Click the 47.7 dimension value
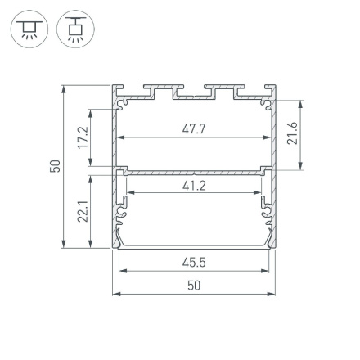coord(193,128)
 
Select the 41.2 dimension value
coord(193,186)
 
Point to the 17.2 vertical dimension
coord(80,136)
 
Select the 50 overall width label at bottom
coord(193,286)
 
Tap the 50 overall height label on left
coord(55,165)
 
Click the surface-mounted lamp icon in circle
coord(25,29)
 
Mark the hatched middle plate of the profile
coord(193,173)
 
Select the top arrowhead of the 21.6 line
coord(301,104)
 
